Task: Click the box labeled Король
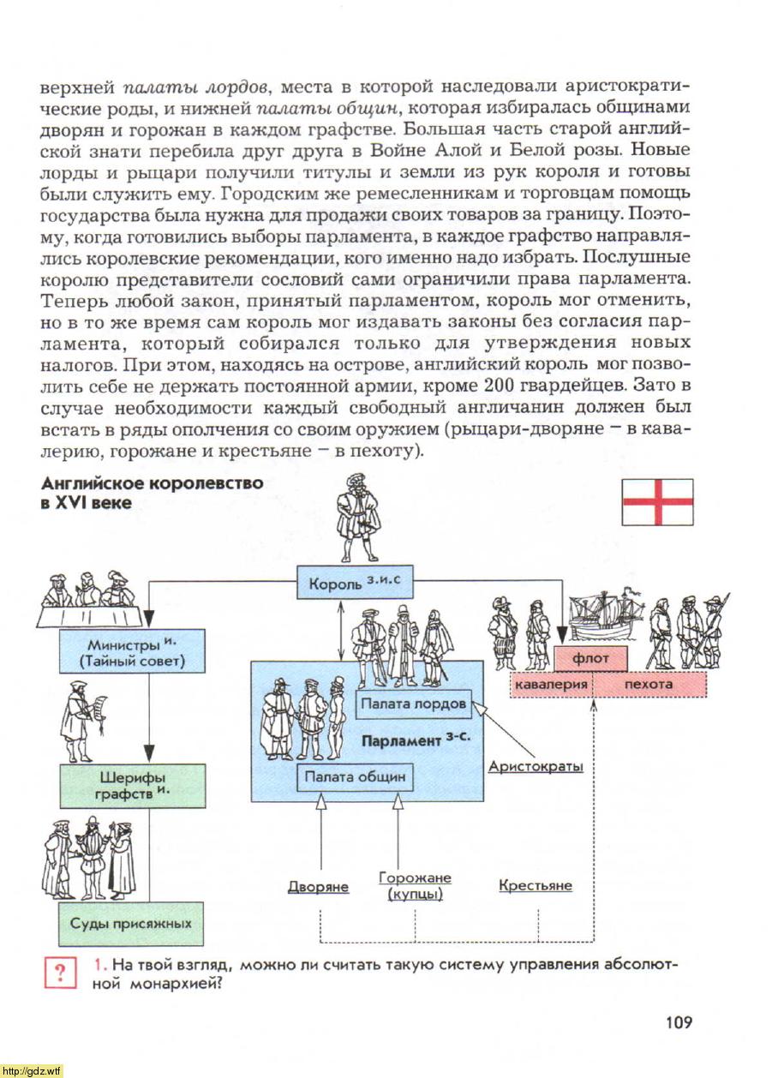(353, 585)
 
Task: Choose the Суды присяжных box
(131, 924)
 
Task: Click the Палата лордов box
(414, 704)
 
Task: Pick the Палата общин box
(355, 777)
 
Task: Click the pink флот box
(590, 659)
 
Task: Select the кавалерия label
(550, 685)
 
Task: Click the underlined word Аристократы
(536, 766)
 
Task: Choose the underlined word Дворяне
(318, 887)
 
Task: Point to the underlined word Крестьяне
(536, 885)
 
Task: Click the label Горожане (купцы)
(415, 886)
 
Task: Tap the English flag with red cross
(657, 502)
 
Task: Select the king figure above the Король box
(356, 518)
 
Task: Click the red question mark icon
(60, 973)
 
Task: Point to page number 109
(677, 1021)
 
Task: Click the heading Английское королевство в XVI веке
(153, 493)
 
